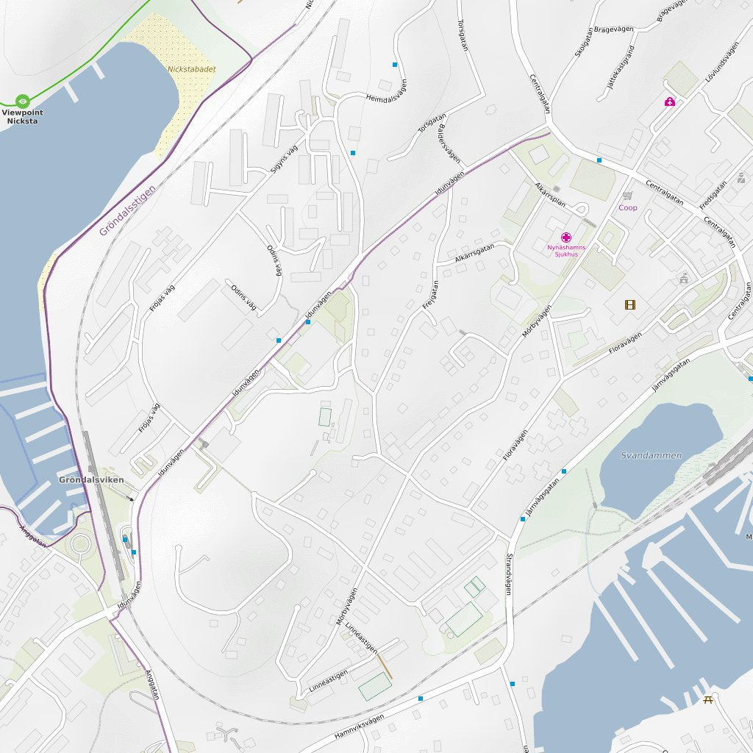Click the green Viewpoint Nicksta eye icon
tap(22, 100)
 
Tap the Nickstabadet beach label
tap(191, 69)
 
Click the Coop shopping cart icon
tap(627, 196)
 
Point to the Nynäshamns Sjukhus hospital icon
tap(565, 238)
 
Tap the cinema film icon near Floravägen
tap(629, 304)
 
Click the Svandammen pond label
tap(651, 456)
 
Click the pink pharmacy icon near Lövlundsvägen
tap(669, 102)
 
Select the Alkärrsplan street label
tap(549, 194)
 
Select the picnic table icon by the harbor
tap(709, 700)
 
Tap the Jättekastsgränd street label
tap(620, 68)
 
